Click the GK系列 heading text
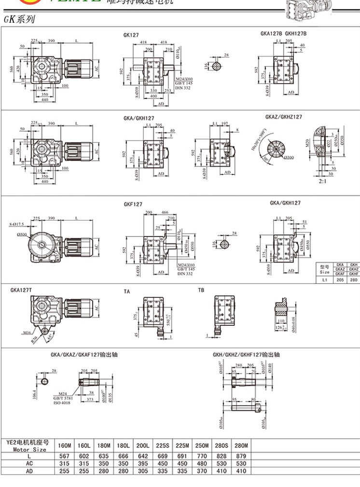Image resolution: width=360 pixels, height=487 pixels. tap(18, 21)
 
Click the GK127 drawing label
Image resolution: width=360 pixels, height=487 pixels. tap(131, 35)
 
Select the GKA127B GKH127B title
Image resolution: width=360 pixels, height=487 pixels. tap(283, 33)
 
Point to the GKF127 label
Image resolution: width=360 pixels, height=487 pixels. tap(133, 204)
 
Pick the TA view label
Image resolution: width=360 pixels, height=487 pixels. tap(127, 292)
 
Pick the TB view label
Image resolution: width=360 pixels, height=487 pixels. tap(201, 290)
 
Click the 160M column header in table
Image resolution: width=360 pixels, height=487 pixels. tap(64, 445)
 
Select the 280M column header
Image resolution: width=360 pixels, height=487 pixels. tap(240, 445)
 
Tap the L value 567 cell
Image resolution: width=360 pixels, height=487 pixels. tap(64, 456)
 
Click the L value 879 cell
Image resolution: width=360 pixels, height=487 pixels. tap(240, 456)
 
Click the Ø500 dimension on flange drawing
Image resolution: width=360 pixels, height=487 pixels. tap(23, 235)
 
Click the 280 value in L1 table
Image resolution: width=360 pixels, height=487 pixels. tap(354, 279)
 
